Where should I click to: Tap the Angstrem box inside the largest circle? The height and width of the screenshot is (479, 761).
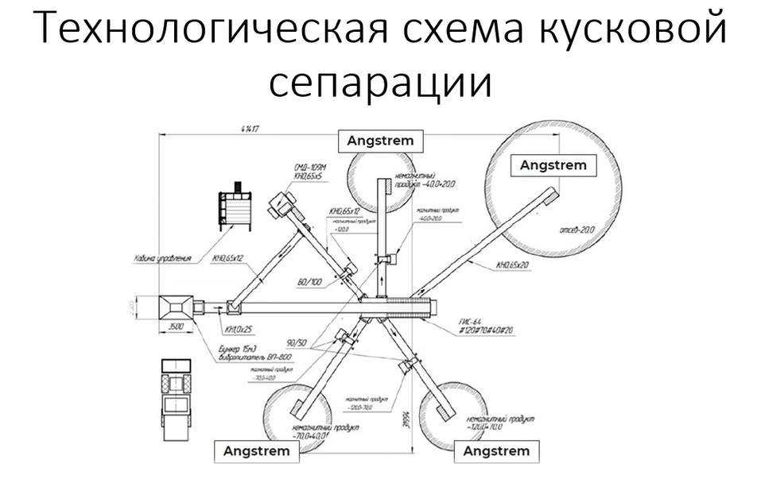[553, 165]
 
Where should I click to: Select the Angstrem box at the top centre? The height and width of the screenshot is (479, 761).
[380, 141]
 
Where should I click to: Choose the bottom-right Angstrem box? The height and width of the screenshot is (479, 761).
[495, 450]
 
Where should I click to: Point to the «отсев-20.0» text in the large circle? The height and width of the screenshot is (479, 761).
[576, 229]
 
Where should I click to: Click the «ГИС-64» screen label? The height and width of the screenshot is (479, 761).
[470, 321]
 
